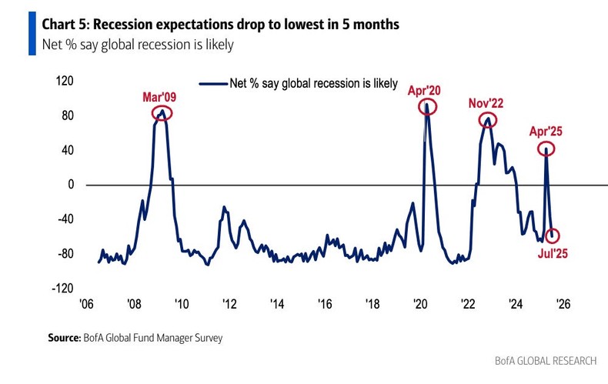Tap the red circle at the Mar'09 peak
click(x=162, y=113)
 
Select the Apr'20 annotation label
click(x=424, y=89)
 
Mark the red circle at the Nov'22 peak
click(x=487, y=120)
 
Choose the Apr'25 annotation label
click(x=545, y=132)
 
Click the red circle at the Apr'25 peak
click(x=546, y=149)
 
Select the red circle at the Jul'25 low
click(x=552, y=236)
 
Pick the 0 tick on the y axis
click(x=70, y=185)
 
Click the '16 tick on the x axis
click(x=325, y=302)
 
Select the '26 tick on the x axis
click(x=563, y=302)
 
